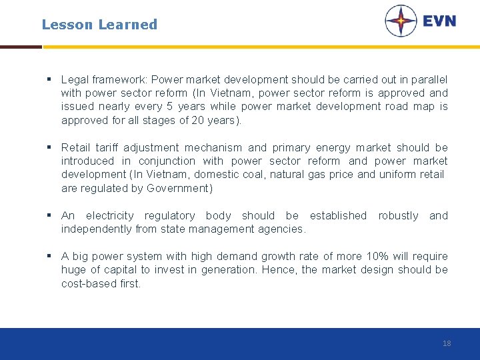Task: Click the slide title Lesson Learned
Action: click(99, 25)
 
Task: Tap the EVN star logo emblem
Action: click(401, 21)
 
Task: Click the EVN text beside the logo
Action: click(439, 21)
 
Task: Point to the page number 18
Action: click(447, 343)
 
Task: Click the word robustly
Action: click(398, 215)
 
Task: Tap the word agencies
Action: click(283, 229)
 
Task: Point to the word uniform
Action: click(398, 175)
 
